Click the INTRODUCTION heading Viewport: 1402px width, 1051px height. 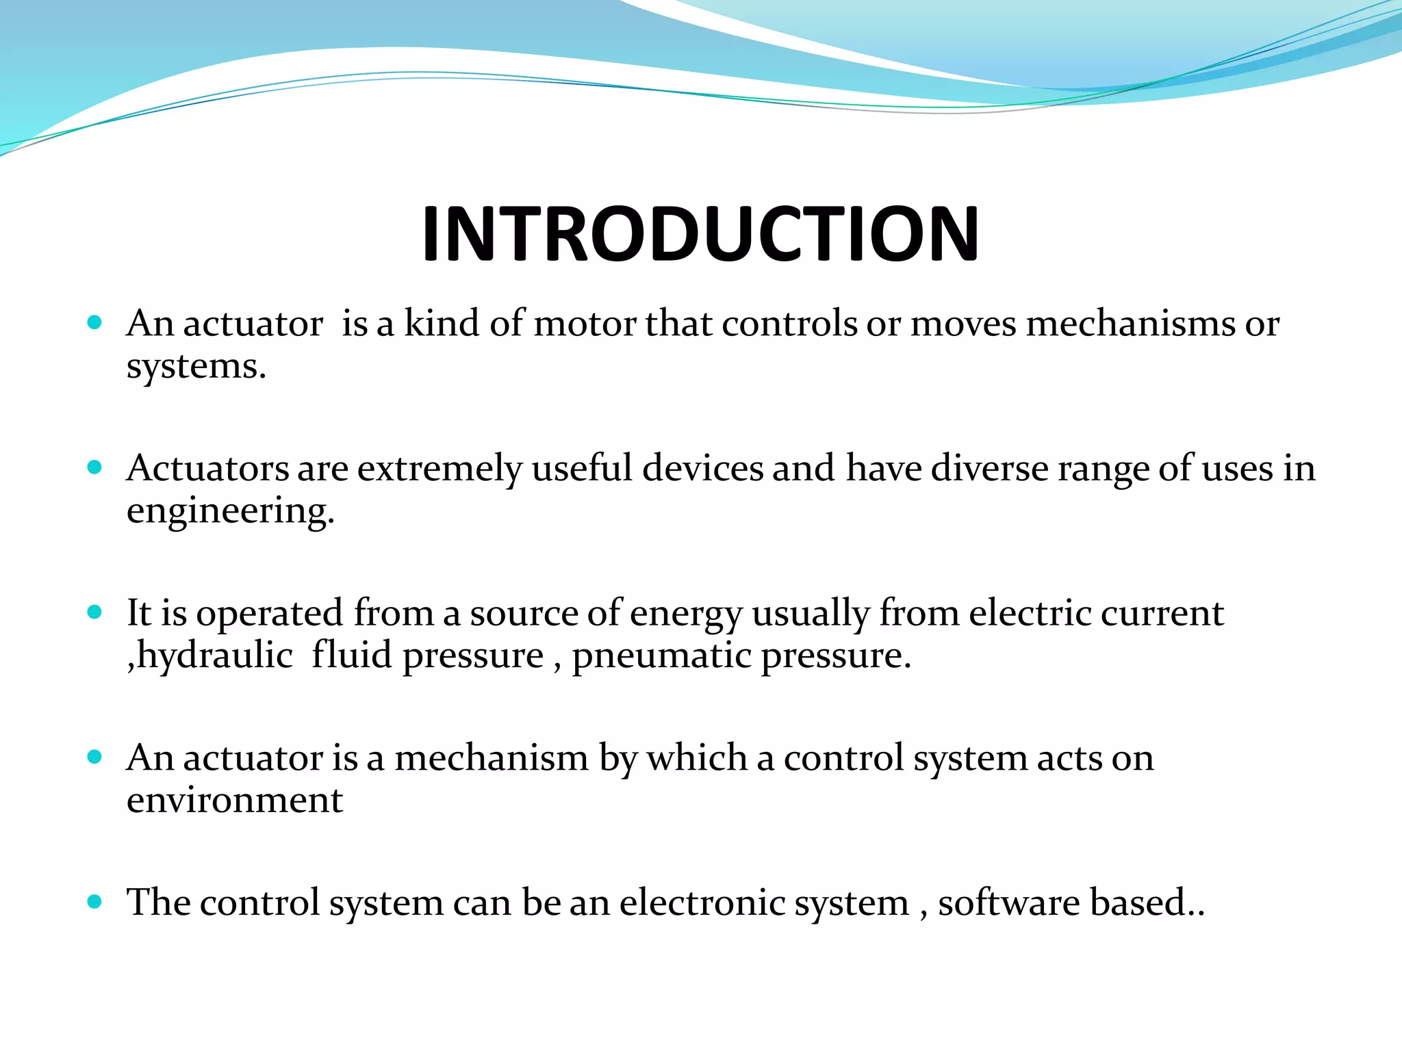pos(700,234)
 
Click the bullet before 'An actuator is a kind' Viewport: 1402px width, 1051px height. pos(95,322)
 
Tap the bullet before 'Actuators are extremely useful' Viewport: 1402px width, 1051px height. pos(95,467)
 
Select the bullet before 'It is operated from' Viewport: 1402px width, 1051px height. pos(95,612)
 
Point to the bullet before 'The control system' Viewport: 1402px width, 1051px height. pos(95,901)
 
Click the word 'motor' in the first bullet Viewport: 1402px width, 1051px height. pos(585,324)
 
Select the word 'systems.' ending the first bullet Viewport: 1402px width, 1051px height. pos(196,367)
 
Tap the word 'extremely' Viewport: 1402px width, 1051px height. pos(439,469)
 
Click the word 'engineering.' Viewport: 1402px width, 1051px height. pos(231,512)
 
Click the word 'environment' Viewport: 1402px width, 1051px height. pos(234,801)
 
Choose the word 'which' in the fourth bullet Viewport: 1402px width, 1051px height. pos(697,758)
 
